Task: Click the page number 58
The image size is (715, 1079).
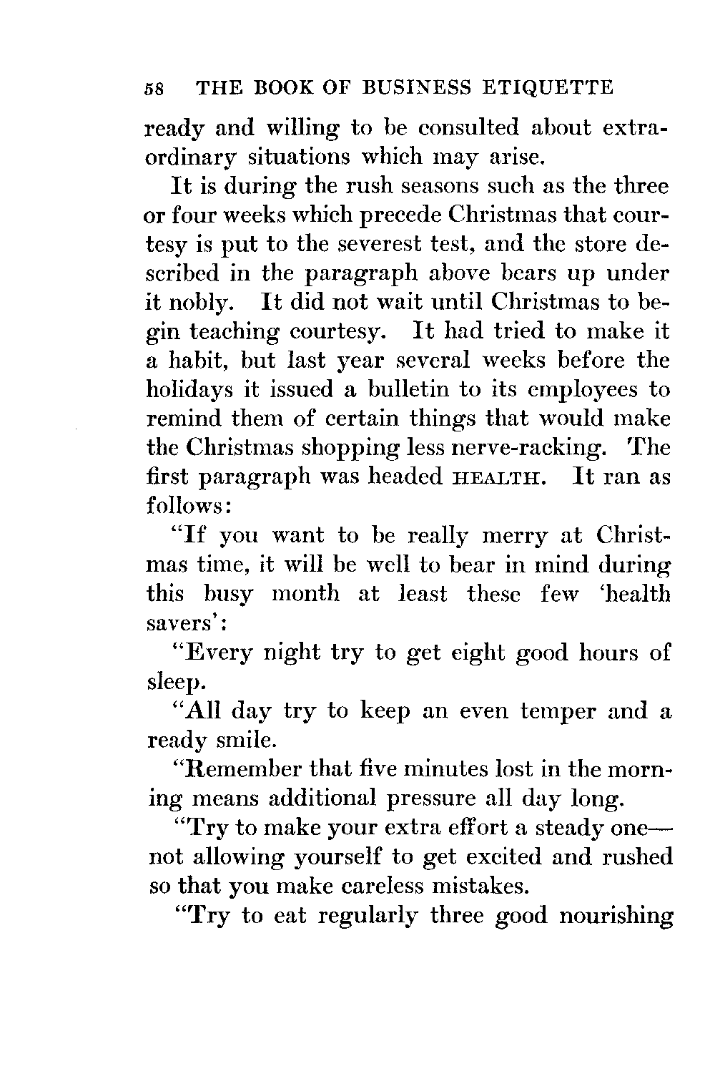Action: (155, 89)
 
